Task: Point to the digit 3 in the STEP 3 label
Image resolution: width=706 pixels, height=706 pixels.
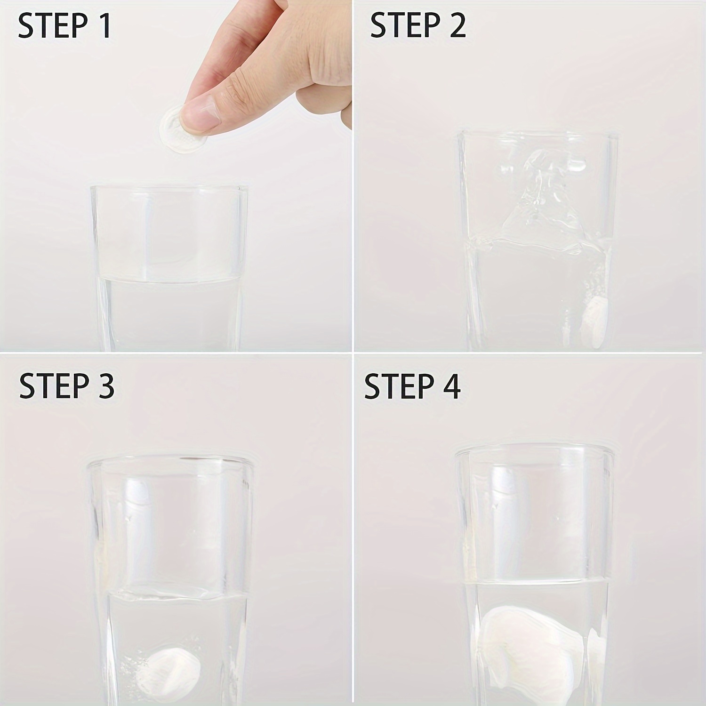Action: click(x=104, y=386)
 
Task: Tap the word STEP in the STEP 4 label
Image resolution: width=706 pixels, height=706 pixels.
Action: click(x=399, y=386)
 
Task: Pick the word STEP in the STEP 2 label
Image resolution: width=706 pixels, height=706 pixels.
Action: click(x=405, y=25)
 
